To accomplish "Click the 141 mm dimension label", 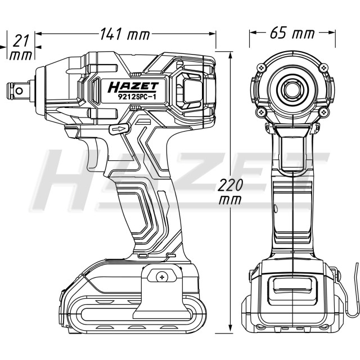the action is pyautogui.click(x=125, y=34).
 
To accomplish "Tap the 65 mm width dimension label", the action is pyautogui.click(x=292, y=33).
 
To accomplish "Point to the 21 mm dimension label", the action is pyautogui.click(x=20, y=48).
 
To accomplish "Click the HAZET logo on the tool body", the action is pyautogui.click(x=133, y=87).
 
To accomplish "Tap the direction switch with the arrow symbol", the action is pyautogui.click(x=119, y=129).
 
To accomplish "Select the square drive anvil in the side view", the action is pyautogui.click(x=19, y=91).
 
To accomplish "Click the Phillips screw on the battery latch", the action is pyautogui.click(x=162, y=277).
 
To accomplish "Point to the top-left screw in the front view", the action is pyautogui.click(x=262, y=67).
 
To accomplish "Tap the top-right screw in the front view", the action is pyautogui.click(x=324, y=67).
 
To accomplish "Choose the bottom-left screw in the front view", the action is pyautogui.click(x=262, y=112).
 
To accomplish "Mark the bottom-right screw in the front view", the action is pyautogui.click(x=324, y=112).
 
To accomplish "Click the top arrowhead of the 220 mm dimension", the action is pyautogui.click(x=231, y=55).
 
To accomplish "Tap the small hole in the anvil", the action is pyautogui.click(x=20, y=91).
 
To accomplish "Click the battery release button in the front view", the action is pyautogui.click(x=292, y=286).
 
